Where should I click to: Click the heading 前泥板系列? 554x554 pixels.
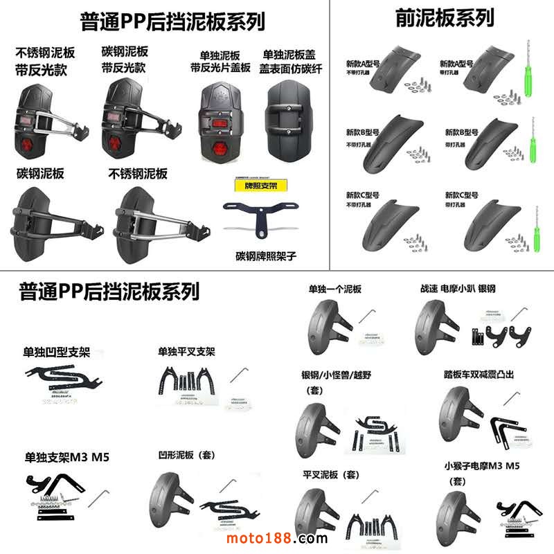click(444, 17)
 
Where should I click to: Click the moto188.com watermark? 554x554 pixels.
click(276, 538)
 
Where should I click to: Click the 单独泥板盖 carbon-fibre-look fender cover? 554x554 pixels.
click(291, 121)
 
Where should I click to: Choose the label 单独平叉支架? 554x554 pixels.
click(186, 352)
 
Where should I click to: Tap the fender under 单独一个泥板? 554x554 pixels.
click(332, 322)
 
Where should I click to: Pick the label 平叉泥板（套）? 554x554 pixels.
click(332, 475)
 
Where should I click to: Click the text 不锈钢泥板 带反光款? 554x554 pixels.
click(46, 60)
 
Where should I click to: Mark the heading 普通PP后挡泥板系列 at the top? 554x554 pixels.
click(172, 21)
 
